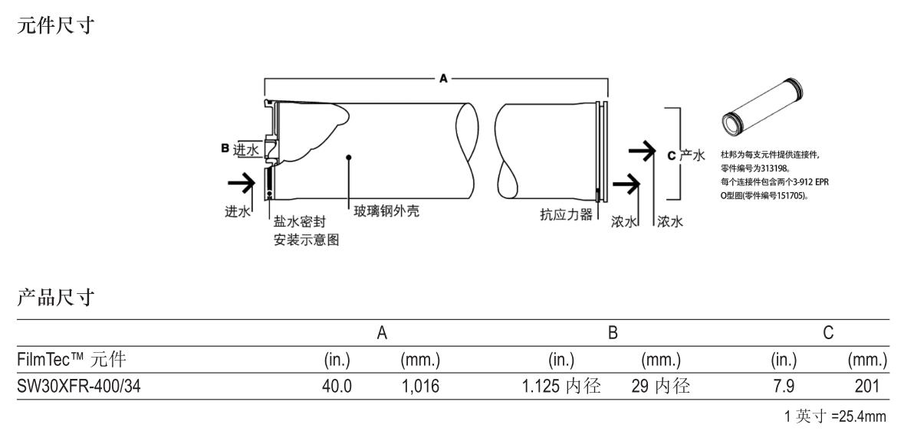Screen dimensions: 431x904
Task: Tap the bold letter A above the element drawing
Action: tap(443, 79)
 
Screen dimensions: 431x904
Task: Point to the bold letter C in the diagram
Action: tap(671, 155)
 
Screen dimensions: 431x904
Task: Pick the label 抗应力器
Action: tap(567, 215)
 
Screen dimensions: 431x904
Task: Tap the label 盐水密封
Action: tap(300, 221)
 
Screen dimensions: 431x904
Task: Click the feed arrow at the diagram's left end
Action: tap(242, 184)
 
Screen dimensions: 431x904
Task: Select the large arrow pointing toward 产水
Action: tap(641, 150)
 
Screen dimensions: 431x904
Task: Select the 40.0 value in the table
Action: tap(337, 386)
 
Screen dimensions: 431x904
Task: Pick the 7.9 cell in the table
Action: tap(783, 386)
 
